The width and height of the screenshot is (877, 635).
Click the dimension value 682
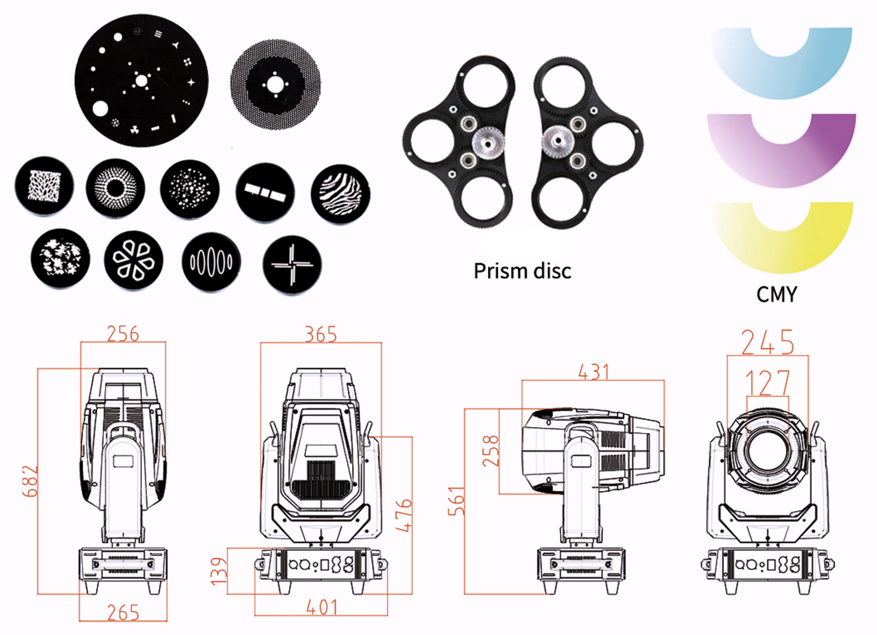tap(30, 481)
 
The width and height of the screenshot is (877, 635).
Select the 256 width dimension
tap(122, 334)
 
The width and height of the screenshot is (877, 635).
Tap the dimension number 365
tap(321, 335)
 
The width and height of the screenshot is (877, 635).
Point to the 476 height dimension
tap(403, 515)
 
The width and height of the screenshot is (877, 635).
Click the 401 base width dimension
tap(322, 607)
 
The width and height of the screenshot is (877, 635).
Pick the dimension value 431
tap(593, 372)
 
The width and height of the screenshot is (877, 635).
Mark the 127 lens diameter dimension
tap(768, 383)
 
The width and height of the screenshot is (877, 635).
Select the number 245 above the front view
tap(767, 343)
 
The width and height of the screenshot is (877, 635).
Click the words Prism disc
tap(522, 271)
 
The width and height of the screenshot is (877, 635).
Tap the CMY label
tap(776, 294)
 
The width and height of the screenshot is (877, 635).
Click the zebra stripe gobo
tap(341, 194)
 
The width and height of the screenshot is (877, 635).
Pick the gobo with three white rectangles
tap(265, 192)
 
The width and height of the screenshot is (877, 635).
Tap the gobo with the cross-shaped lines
tap(292, 264)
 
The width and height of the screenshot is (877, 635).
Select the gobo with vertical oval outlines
tap(211, 262)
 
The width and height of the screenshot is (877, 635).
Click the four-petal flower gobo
tap(133, 260)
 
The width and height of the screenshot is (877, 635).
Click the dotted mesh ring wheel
tap(275, 85)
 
